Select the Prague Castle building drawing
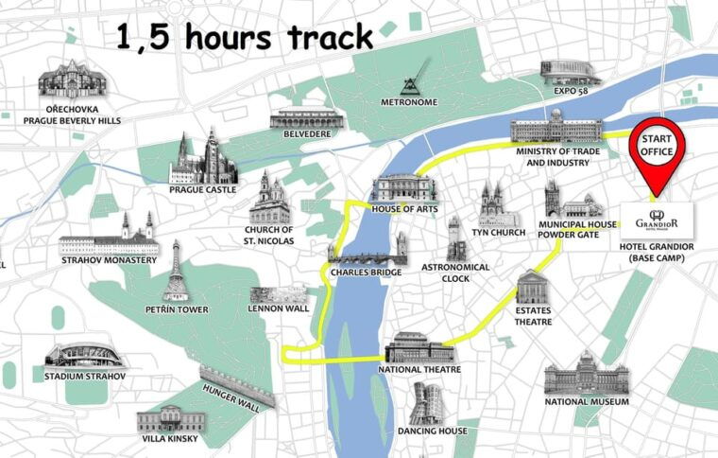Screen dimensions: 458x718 (x=202, y=158)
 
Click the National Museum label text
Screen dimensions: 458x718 (x=587, y=402)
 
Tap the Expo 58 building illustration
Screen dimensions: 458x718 (x=571, y=71)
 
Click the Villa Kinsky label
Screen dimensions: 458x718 (x=173, y=439)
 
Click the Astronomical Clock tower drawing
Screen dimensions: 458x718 (x=457, y=238)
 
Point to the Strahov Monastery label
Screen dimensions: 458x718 (x=109, y=260)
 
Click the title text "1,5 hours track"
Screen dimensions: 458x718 (x=244, y=37)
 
